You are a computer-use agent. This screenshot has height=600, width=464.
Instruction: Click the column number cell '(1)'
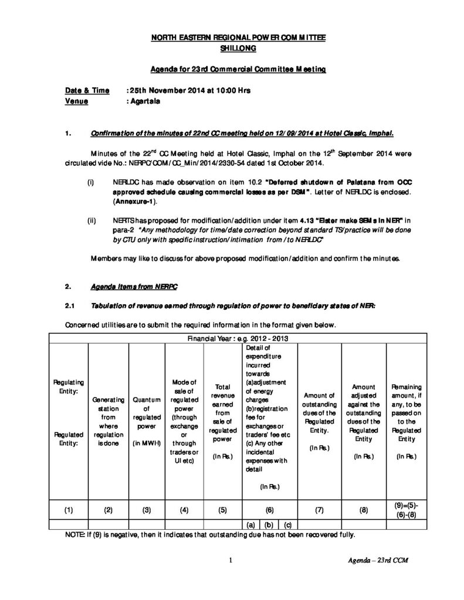pos(68,510)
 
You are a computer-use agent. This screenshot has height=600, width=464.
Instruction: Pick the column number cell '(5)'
pos(222,510)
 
